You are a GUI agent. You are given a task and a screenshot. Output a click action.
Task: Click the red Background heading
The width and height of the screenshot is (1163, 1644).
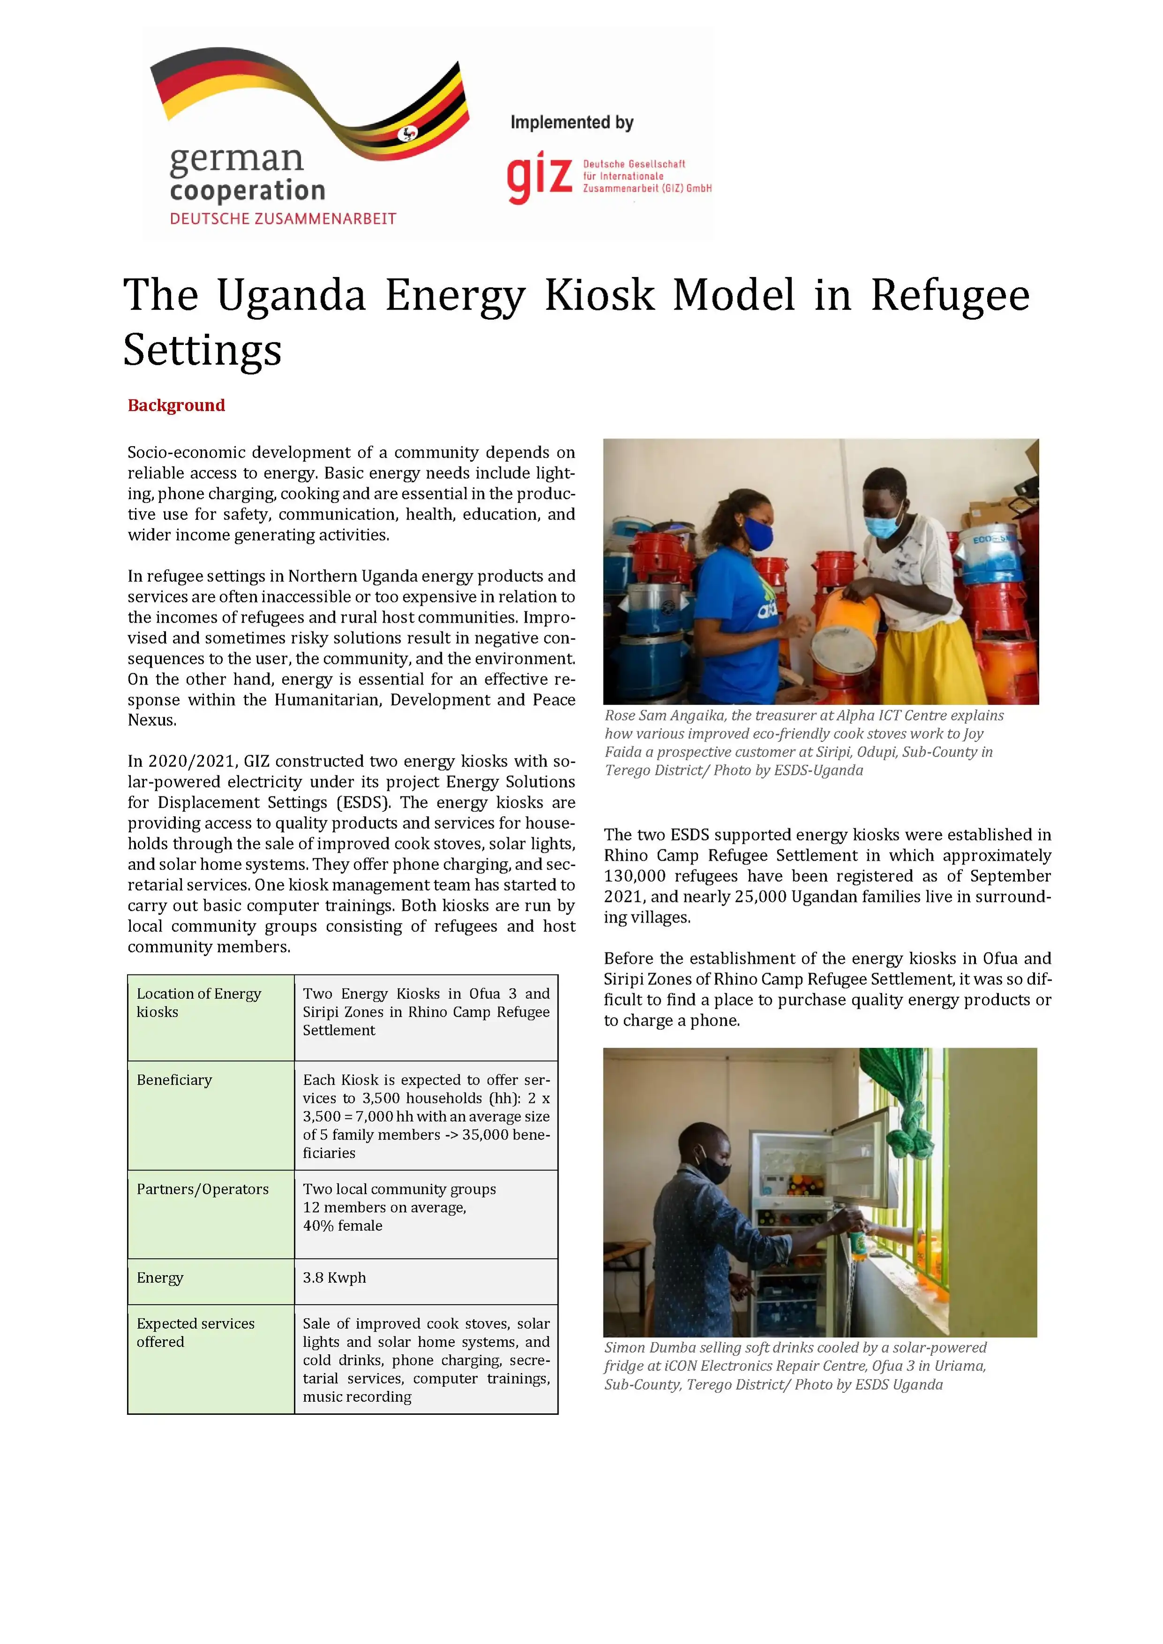(176, 405)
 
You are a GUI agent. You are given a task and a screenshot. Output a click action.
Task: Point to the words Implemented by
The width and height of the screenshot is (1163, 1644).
(572, 122)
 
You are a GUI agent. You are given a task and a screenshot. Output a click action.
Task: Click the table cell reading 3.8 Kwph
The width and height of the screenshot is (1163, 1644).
(334, 1278)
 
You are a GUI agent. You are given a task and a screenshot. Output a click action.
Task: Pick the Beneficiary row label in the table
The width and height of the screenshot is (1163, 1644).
(174, 1080)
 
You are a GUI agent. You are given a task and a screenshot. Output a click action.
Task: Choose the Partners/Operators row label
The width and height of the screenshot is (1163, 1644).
(203, 1189)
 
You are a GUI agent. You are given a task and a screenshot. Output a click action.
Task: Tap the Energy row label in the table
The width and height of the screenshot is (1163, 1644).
(160, 1278)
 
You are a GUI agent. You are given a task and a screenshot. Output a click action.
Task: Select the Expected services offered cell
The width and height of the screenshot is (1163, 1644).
(196, 1333)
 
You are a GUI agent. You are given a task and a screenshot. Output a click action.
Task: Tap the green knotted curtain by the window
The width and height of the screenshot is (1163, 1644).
(907, 1106)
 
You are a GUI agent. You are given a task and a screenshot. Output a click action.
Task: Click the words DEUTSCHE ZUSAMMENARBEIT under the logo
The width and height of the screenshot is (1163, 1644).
(283, 219)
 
